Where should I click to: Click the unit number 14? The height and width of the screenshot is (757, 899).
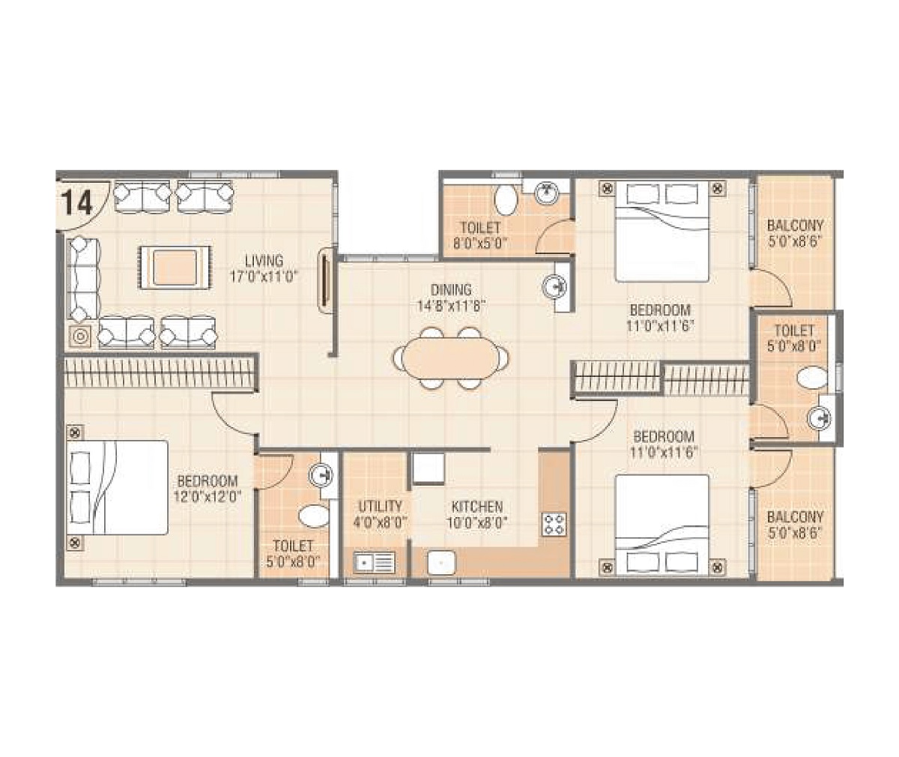77,202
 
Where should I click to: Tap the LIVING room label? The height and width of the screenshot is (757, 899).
264,261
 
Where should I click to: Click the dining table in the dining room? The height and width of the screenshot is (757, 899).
450,358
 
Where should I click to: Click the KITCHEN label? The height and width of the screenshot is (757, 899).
477,507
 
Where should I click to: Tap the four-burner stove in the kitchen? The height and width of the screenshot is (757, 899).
555,523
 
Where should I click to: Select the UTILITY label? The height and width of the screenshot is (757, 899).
380,507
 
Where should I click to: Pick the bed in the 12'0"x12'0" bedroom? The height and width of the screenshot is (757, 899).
117,487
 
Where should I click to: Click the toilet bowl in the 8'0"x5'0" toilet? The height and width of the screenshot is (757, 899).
506,200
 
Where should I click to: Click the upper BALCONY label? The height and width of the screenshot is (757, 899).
795,226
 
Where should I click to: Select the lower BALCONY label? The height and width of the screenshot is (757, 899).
795,517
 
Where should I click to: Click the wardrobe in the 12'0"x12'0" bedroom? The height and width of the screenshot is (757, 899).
160,373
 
